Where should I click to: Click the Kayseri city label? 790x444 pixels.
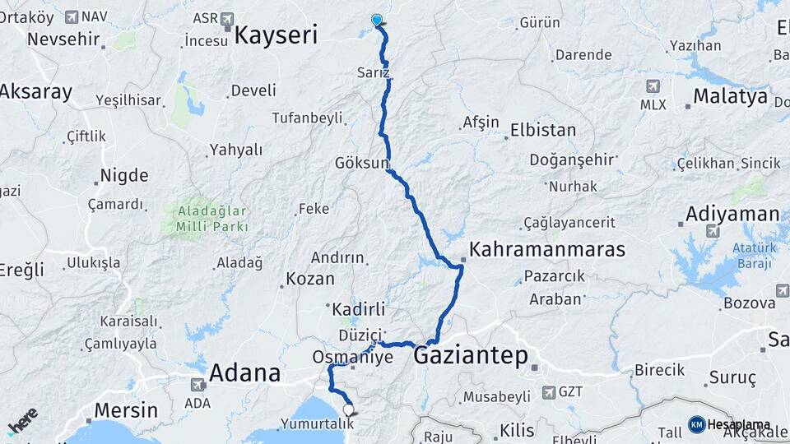276,35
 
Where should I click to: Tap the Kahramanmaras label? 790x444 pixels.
547,249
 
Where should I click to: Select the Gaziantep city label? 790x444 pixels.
471,355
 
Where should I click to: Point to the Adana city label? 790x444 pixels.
244,372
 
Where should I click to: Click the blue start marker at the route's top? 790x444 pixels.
377,20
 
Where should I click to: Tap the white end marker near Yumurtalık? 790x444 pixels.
348,409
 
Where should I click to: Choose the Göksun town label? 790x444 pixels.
360,163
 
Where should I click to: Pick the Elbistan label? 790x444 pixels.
542,130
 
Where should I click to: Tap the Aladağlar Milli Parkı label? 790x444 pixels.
211,217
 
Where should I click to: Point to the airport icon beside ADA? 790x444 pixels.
197,384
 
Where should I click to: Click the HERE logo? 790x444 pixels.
22,421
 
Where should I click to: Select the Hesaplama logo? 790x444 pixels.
729,424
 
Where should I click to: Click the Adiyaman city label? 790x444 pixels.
732,215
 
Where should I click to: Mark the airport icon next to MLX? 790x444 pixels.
653,86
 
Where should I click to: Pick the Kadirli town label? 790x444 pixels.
359,309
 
